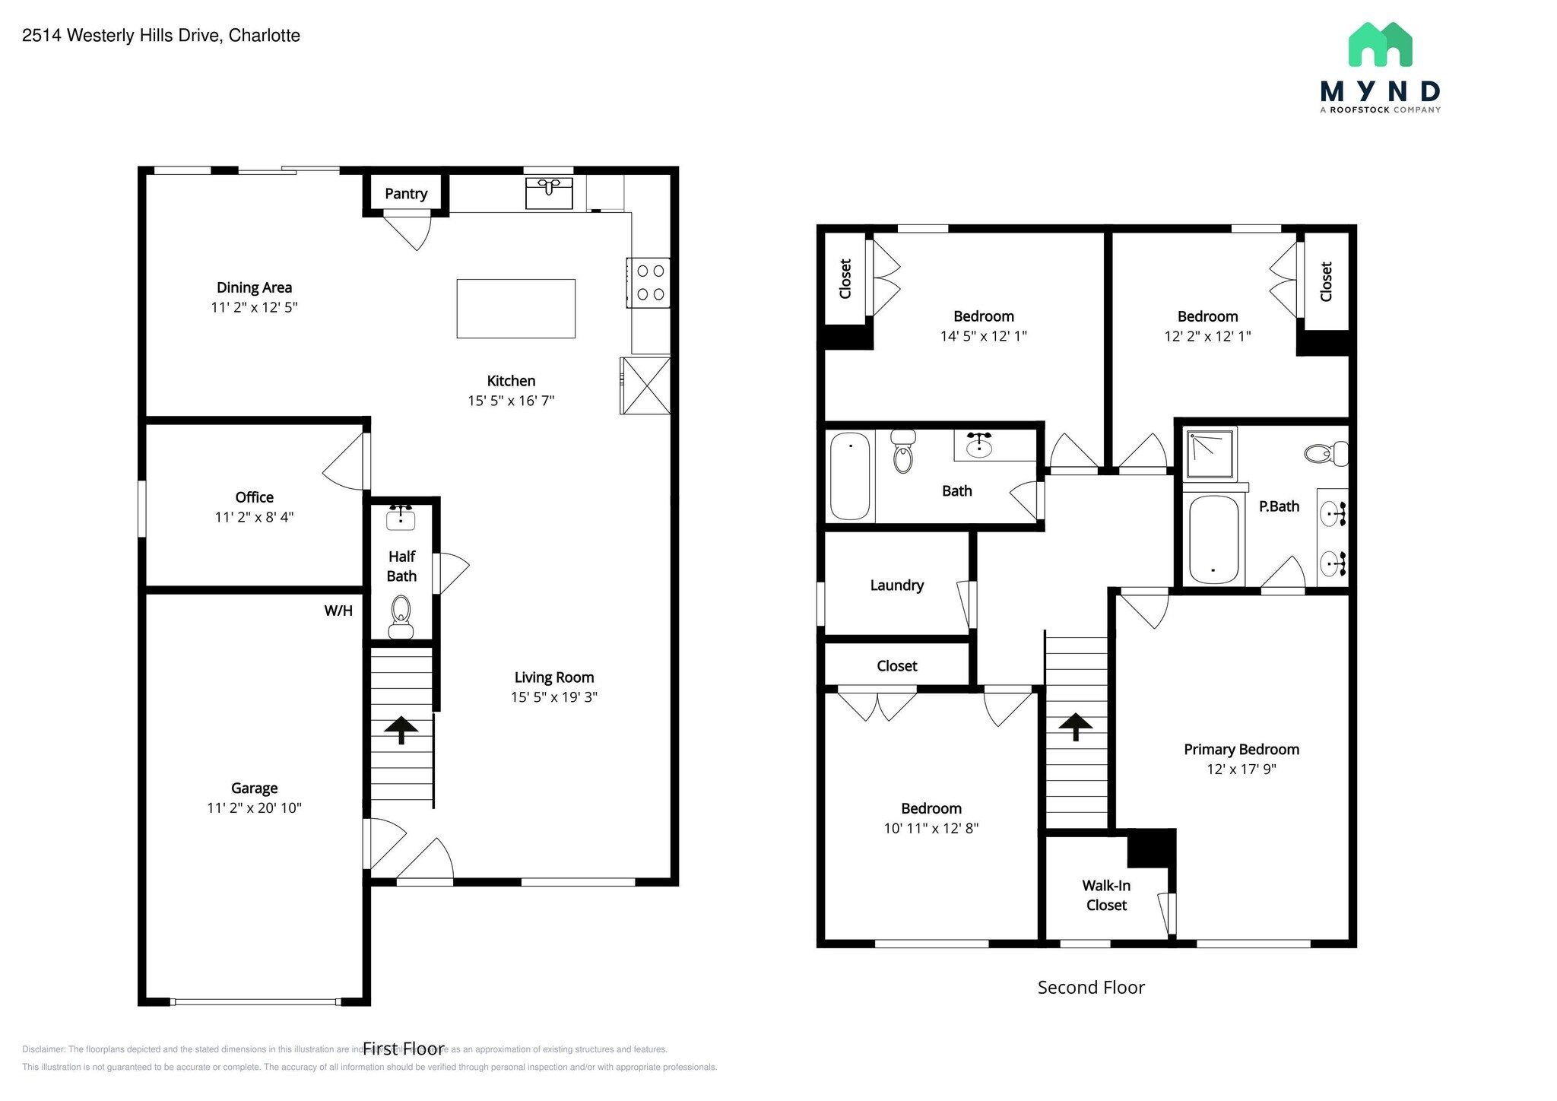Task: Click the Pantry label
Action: coord(406,194)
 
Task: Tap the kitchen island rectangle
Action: coord(515,309)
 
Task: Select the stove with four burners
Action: coord(648,283)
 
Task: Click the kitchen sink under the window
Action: coord(549,193)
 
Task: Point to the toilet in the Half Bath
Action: coord(401,617)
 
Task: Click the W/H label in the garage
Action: coord(338,611)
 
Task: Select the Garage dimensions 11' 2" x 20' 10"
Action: coord(254,808)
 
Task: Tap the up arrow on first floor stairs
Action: coord(401,729)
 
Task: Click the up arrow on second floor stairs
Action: coord(1075,726)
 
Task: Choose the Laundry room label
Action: coord(897,585)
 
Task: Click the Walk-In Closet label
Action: coord(1106,896)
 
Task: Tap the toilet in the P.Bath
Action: coord(1326,455)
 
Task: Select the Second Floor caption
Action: coord(1091,988)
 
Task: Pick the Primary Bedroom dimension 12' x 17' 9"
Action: coord(1241,769)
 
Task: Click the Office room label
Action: coord(254,497)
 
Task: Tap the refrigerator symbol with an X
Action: coord(645,386)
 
